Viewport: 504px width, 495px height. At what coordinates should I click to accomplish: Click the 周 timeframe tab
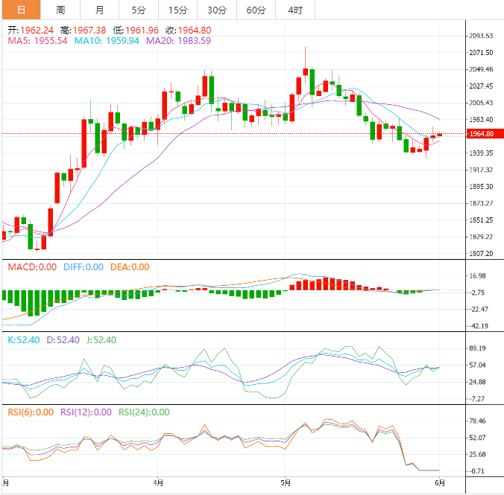click(60, 10)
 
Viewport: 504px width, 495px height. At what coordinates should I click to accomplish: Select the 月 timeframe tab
click(100, 10)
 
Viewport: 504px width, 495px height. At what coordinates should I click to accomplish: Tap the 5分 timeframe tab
click(139, 10)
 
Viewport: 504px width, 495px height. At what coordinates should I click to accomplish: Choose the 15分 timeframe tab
click(178, 10)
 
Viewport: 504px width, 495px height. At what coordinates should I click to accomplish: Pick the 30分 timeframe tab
click(217, 10)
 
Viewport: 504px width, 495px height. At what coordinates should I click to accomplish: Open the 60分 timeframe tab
click(256, 10)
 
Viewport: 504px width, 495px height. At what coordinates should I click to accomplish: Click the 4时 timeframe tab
click(294, 10)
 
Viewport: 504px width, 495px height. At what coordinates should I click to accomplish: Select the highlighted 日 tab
click(20, 10)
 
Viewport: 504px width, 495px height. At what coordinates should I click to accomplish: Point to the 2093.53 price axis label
click(479, 36)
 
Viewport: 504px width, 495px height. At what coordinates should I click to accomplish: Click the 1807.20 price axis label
click(479, 254)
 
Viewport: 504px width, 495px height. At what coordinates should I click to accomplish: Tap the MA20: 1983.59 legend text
click(178, 41)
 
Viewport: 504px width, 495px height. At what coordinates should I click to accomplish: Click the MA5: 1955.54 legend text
click(37, 41)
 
